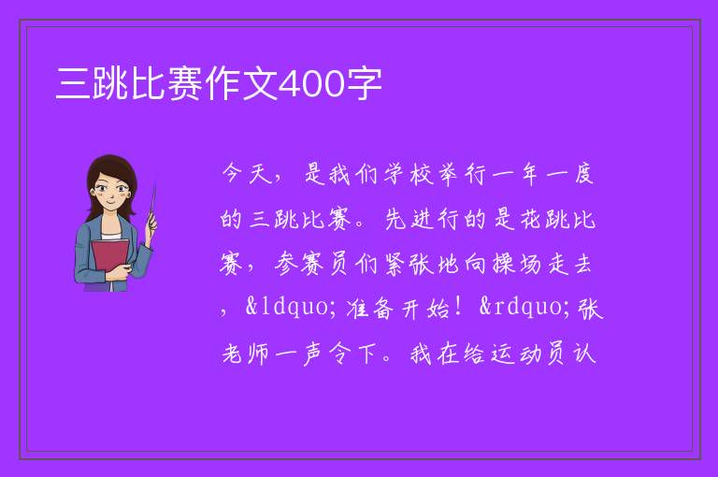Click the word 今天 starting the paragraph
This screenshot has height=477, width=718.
point(247,174)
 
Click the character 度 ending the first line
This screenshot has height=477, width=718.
point(583,174)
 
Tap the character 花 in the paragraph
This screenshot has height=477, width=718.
point(530,219)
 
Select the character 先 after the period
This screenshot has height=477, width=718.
point(395,219)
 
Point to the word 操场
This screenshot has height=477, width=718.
point(516,265)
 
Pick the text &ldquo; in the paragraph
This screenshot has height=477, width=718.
point(287,308)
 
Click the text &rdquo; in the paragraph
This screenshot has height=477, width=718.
point(521,308)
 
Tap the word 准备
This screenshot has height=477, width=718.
point(369,309)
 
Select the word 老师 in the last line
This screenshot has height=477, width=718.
point(245,354)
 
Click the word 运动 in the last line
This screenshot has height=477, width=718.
point(516,354)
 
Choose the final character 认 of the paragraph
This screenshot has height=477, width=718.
point(583,354)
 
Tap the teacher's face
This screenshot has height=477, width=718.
point(111,189)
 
